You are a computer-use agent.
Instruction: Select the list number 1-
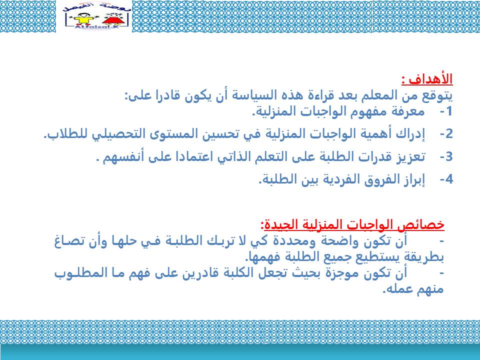click(x=446, y=111)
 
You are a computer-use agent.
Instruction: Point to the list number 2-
click(x=446, y=134)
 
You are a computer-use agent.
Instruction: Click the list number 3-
click(x=446, y=156)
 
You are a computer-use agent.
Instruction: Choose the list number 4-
click(x=446, y=179)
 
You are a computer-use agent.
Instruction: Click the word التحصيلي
click(x=119, y=134)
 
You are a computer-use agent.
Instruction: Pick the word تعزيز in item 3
click(x=410, y=156)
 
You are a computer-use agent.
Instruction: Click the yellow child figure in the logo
click(x=82, y=18)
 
